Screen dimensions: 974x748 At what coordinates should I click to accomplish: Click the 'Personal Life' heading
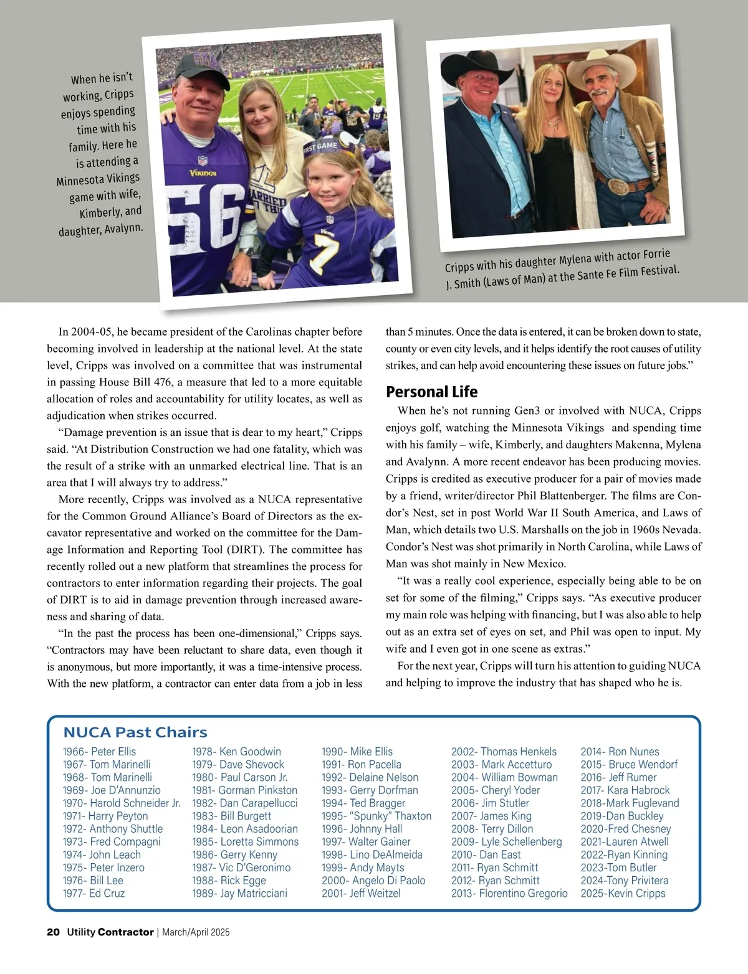(431, 392)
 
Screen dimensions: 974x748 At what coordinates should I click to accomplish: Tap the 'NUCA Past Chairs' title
(135, 732)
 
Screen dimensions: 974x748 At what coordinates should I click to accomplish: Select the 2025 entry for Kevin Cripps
(623, 893)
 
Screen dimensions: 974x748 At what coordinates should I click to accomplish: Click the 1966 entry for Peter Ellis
(99, 752)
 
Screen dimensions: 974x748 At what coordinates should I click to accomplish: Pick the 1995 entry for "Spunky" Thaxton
(376, 816)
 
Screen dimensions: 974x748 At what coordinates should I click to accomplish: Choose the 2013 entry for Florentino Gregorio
(509, 893)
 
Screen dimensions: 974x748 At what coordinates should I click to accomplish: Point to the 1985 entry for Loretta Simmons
(245, 841)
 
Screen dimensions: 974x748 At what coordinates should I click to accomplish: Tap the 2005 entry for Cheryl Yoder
(496, 790)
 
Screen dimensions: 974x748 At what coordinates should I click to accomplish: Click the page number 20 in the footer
(53, 932)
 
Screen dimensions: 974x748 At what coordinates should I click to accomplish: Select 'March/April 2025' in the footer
(196, 932)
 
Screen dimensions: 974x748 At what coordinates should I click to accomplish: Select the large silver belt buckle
(615, 187)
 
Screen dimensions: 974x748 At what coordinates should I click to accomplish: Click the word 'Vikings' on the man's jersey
(203, 173)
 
